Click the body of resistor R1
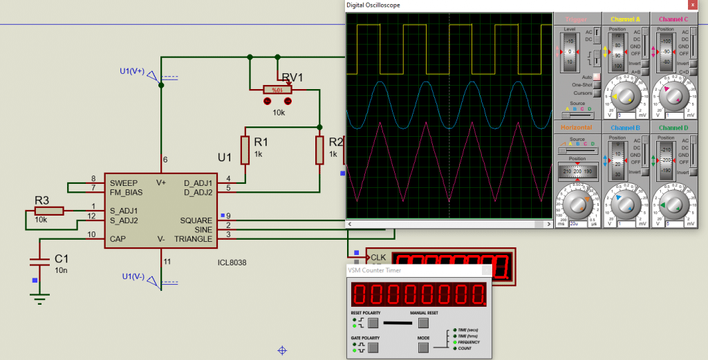click(x=245, y=150)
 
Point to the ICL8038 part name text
click(x=232, y=263)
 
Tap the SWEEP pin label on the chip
click(x=123, y=182)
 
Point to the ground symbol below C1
click(x=40, y=297)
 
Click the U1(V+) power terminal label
click(x=132, y=70)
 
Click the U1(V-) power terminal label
click(x=132, y=276)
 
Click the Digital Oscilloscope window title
click(x=373, y=5)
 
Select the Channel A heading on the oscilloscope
click(x=625, y=19)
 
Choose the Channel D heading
click(x=673, y=128)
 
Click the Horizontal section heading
click(x=576, y=128)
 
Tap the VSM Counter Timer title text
click(x=375, y=270)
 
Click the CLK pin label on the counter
click(x=378, y=258)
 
